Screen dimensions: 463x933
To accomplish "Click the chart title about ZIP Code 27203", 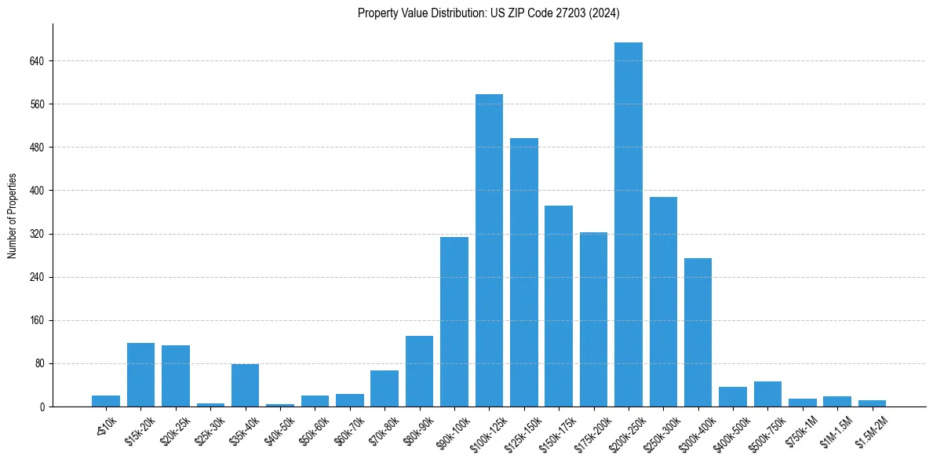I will click(x=489, y=13).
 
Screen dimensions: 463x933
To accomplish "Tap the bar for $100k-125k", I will click(x=489, y=250).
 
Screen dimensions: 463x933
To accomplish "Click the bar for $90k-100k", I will click(x=454, y=322).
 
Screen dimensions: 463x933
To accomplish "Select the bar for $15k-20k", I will click(x=140, y=375).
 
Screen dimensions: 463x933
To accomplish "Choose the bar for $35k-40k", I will click(x=245, y=385).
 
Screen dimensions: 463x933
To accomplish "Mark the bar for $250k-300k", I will click(x=663, y=302).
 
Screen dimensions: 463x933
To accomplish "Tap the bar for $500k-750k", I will click(x=767, y=394).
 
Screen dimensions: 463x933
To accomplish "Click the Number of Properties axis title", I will click(x=12, y=216).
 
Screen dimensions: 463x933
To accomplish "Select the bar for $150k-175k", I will click(x=559, y=306).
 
